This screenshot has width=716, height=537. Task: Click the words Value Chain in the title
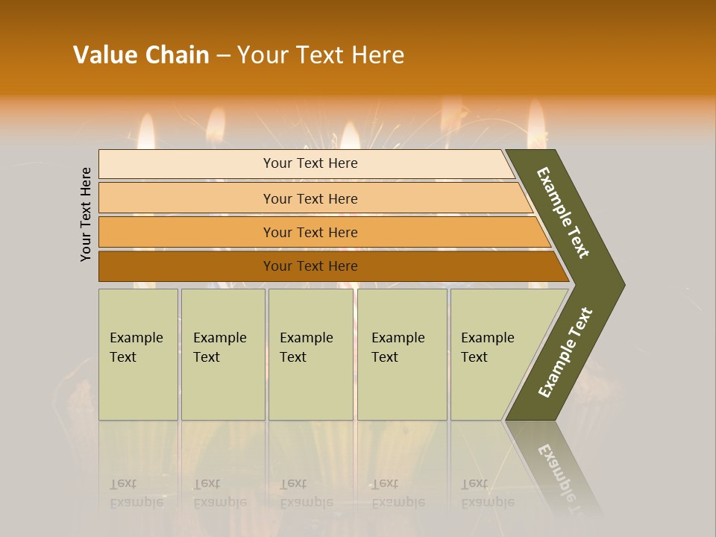141,54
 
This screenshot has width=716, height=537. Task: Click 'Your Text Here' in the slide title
321,54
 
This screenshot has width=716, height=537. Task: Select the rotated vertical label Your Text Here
86,214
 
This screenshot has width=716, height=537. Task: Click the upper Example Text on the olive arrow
563,213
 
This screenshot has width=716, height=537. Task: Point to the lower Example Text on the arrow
565,352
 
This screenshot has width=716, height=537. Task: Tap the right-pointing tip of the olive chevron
618,285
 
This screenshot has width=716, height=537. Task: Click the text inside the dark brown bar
310,266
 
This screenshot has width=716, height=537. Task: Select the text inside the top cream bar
310,163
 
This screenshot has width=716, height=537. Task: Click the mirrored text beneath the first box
136,493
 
